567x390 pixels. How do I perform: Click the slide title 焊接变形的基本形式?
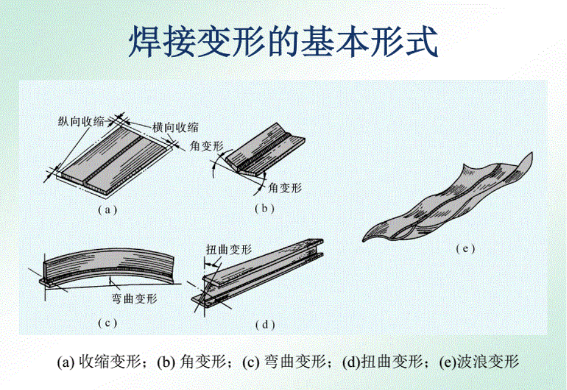click(283, 41)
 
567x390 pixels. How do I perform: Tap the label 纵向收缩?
click(81, 121)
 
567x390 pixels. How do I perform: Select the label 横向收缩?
click(175, 127)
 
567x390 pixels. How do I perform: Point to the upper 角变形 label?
click(207, 146)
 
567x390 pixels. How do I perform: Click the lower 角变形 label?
click(285, 188)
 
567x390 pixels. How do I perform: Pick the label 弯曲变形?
click(134, 298)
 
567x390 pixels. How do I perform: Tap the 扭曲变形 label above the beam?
click(229, 249)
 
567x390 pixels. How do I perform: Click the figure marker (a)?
click(107, 210)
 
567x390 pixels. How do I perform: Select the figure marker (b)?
click(264, 208)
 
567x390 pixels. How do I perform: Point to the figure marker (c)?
click(107, 322)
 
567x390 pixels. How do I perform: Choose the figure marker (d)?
click(265, 325)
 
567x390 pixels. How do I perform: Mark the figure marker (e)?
click(465, 249)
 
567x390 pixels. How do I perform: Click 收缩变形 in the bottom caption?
click(110, 361)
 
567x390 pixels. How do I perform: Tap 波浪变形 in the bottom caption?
click(488, 361)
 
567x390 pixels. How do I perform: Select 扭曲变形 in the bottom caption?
click(392, 361)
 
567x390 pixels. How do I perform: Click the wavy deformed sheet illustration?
click(448, 202)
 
